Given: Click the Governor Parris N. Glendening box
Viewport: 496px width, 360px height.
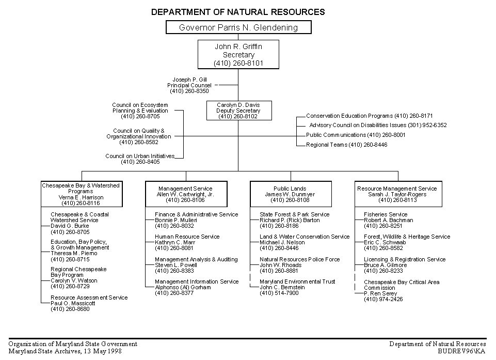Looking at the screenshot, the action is (x=238, y=27).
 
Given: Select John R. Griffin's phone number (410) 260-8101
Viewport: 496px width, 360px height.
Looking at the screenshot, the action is (x=238, y=63).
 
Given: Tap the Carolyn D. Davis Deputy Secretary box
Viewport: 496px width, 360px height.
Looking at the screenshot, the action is (x=239, y=111).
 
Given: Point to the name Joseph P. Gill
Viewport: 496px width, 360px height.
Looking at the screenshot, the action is (x=190, y=80).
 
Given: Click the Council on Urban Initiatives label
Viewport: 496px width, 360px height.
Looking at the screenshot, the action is (x=140, y=156).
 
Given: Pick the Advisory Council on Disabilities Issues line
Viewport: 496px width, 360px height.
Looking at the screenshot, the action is (x=378, y=125).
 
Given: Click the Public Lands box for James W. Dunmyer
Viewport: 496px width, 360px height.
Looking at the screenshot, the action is (x=291, y=194).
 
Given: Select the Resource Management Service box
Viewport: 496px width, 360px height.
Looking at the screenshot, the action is (x=398, y=194).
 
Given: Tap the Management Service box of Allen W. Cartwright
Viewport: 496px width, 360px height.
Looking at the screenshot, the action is (x=186, y=194).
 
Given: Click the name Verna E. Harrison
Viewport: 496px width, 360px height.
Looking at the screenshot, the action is (x=81, y=197).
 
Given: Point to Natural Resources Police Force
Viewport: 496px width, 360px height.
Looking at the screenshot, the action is (x=299, y=259).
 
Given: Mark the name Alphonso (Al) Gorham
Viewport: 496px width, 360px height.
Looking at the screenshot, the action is (x=183, y=287).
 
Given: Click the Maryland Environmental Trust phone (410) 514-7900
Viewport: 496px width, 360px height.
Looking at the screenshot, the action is (x=279, y=293).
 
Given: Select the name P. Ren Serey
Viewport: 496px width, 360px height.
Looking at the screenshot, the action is (x=380, y=293).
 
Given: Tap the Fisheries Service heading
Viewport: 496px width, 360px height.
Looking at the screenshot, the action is (x=386, y=214).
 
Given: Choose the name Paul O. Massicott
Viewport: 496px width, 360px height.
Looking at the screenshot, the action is (x=73, y=303).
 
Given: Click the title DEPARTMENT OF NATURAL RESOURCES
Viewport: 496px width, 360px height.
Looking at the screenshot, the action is (x=238, y=12).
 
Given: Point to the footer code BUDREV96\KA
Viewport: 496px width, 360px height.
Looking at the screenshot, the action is (x=462, y=351).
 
